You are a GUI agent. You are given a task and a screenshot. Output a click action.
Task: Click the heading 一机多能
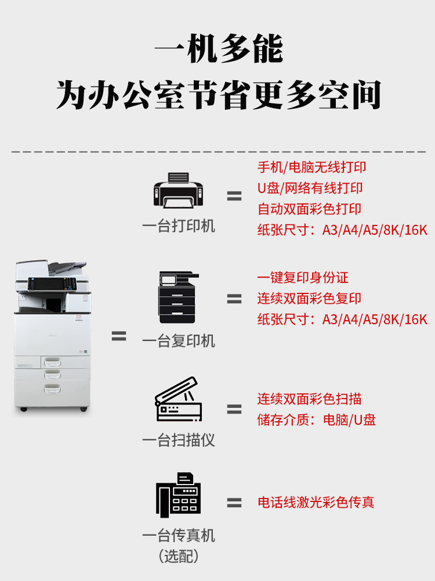[218, 50]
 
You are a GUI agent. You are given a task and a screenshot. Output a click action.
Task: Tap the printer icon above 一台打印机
[179, 190]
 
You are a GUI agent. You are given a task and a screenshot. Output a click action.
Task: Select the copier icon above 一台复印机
[179, 297]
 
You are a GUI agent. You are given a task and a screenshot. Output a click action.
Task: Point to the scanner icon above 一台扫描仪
[178, 399]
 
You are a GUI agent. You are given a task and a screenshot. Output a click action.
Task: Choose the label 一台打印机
[179, 226]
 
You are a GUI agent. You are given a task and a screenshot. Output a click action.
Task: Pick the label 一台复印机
[179, 341]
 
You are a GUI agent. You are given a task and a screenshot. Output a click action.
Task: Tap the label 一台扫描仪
[179, 440]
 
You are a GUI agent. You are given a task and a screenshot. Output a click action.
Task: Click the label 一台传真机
[179, 535]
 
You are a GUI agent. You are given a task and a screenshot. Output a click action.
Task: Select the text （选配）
[179, 556]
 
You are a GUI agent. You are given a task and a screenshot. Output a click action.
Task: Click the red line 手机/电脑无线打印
[312, 167]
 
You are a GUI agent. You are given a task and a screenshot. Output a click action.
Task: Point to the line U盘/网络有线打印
[310, 188]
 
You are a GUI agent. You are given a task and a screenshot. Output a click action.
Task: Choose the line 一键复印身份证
[303, 278]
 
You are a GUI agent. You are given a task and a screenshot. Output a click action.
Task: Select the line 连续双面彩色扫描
[310, 399]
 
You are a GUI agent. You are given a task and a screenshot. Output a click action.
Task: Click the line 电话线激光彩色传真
[316, 503]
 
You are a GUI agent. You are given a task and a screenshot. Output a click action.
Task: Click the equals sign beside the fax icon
[234, 503]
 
